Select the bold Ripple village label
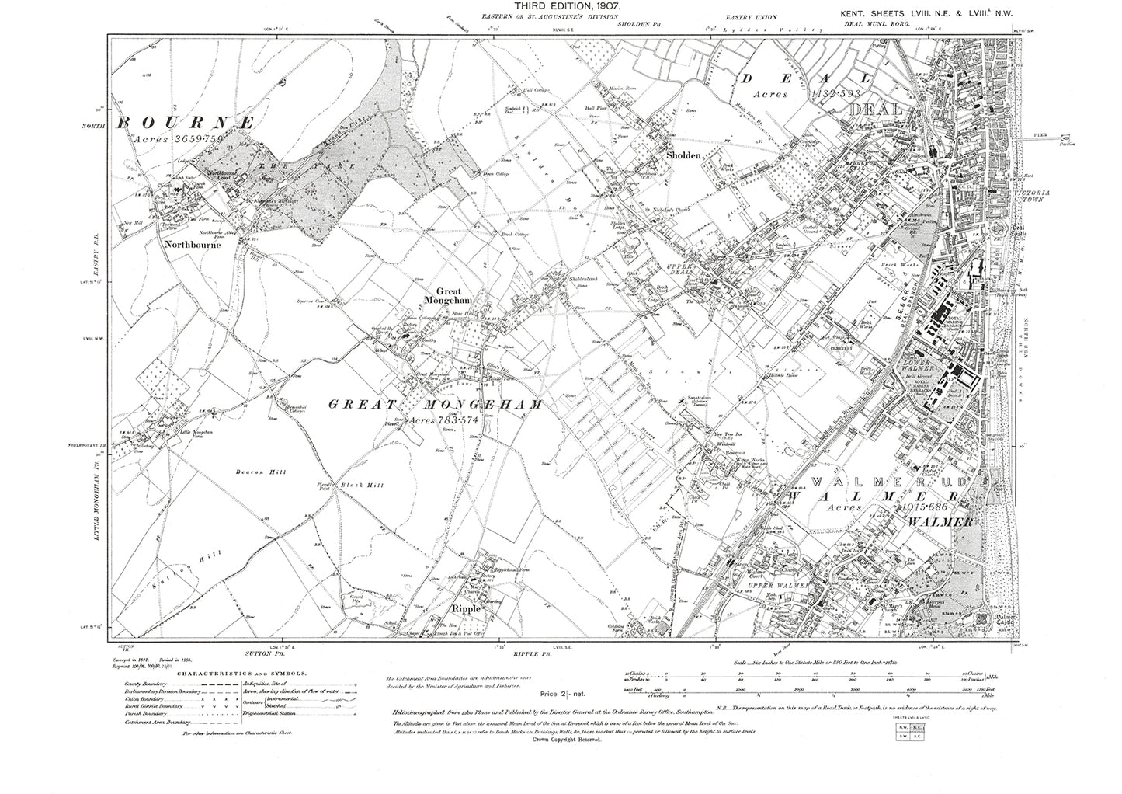click(471, 610)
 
